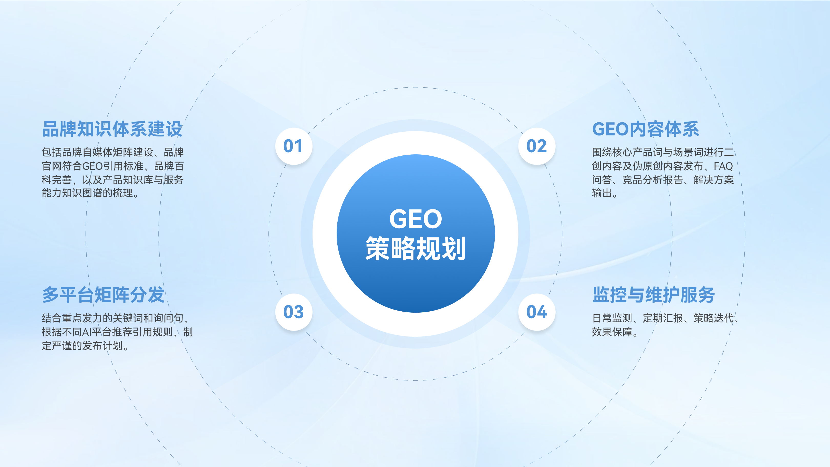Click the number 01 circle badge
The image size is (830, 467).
[x=294, y=146]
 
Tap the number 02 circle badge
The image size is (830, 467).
[x=537, y=146]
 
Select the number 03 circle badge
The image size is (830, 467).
[x=294, y=312]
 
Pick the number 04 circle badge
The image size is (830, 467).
[x=537, y=312]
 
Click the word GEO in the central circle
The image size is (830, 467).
[x=416, y=219]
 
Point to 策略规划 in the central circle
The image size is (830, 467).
[x=416, y=248]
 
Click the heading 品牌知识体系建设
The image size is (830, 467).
[x=112, y=129]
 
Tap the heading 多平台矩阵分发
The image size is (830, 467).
[x=103, y=295]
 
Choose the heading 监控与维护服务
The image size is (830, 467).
[x=654, y=295]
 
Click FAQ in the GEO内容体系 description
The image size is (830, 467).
[x=723, y=166]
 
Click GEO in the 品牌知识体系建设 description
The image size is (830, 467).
[x=92, y=166]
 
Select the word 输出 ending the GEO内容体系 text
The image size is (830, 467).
[x=602, y=193]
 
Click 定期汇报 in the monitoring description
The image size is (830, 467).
[x=663, y=318]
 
